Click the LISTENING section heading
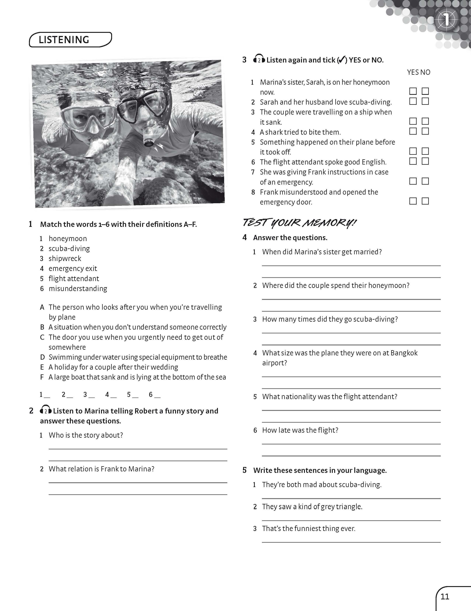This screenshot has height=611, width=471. coord(64,40)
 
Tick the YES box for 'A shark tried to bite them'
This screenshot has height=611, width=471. coord(413,131)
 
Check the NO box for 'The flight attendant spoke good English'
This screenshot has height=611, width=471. coord(425,161)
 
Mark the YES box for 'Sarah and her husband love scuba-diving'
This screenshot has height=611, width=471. coord(413,101)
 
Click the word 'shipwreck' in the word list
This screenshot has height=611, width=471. coord(65,259)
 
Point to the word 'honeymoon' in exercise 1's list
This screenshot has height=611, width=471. coord(68,239)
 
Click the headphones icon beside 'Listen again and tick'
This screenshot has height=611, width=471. coord(259,59)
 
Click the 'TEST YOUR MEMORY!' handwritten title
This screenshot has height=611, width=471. coord(299,223)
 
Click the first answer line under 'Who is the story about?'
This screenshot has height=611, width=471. coord(138,449)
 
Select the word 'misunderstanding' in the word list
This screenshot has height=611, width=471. coord(78,288)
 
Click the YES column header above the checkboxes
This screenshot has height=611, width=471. coord(413,72)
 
